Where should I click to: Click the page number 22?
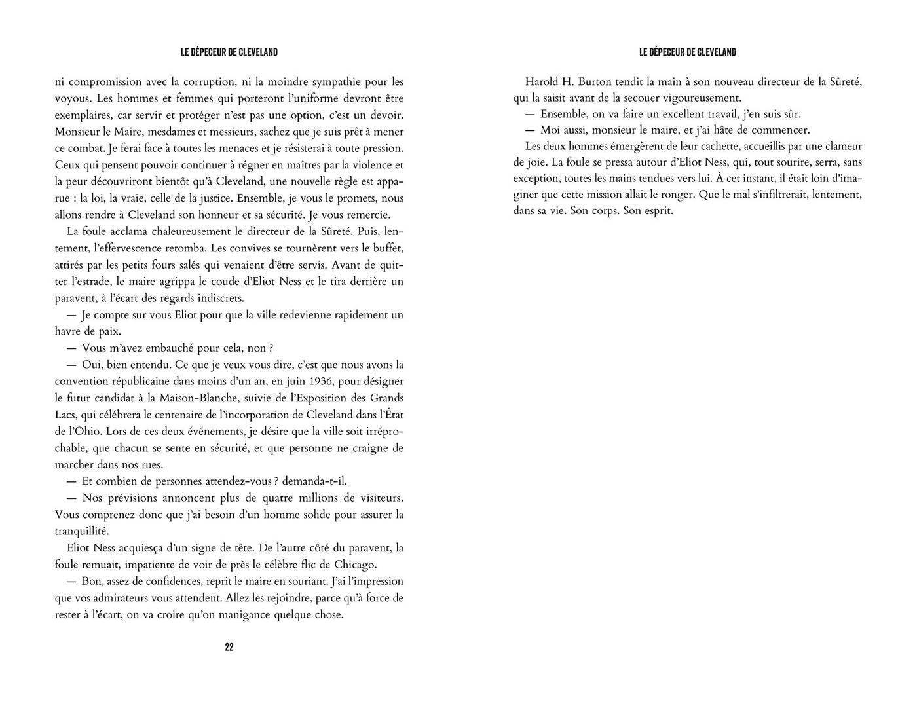(x=229, y=647)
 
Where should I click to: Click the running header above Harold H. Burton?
(x=687, y=52)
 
